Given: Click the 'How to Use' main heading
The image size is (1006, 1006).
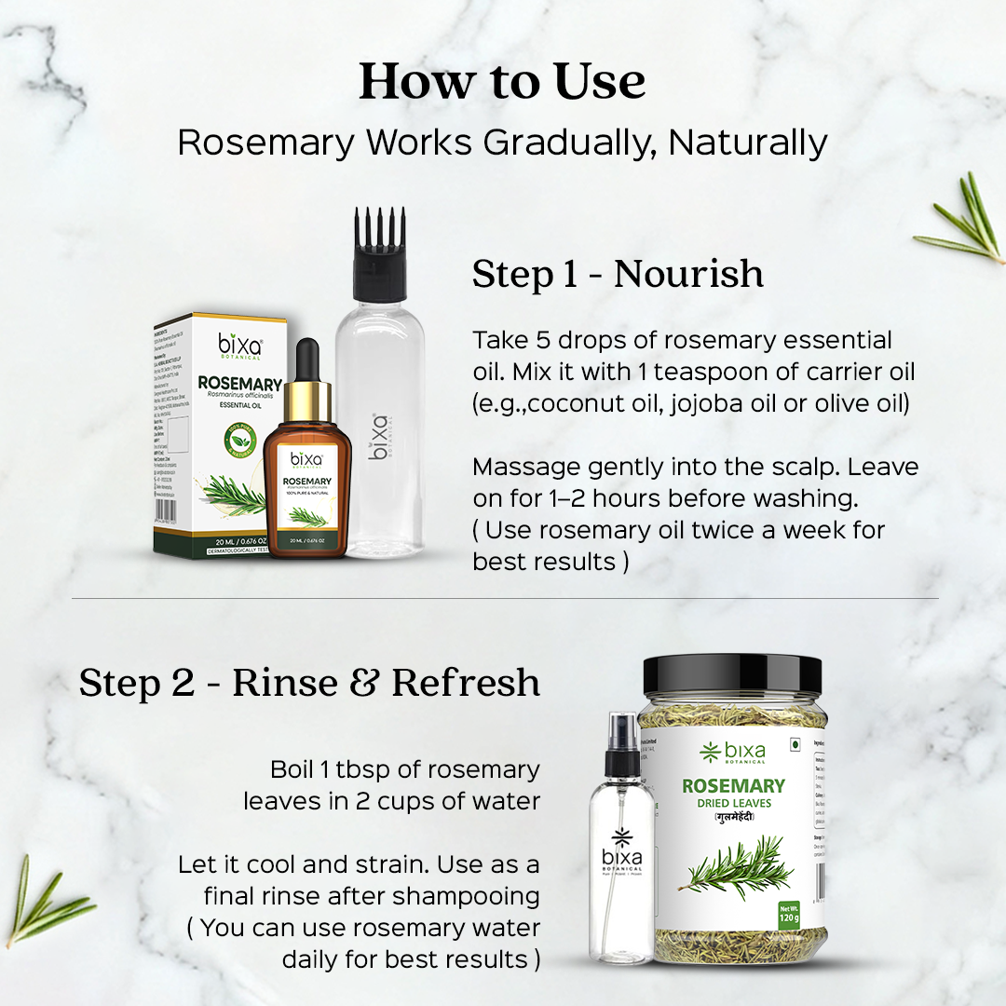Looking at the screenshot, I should pyautogui.click(x=502, y=81).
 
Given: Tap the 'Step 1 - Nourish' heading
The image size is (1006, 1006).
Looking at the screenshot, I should pyautogui.click(x=618, y=274).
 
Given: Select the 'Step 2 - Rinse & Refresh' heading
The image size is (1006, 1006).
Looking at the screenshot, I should pyautogui.click(x=309, y=682).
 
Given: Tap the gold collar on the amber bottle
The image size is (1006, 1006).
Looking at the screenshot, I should pyautogui.click(x=308, y=399).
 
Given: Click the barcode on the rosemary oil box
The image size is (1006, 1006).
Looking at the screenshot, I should pyautogui.click(x=165, y=510).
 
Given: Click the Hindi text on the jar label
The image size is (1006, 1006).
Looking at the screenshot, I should pyautogui.click(x=733, y=818).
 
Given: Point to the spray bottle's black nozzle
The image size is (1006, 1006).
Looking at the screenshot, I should pyautogui.click(x=623, y=745).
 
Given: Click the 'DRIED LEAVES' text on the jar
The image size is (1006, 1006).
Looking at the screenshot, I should pyautogui.click(x=733, y=802).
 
